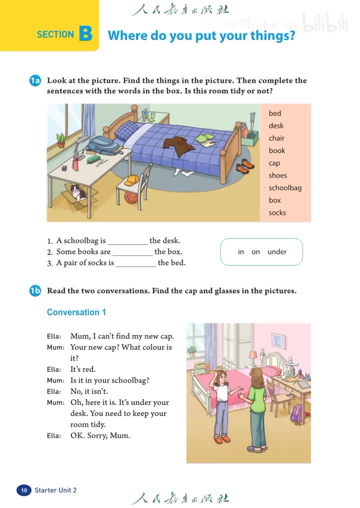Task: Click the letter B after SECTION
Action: click(85, 33)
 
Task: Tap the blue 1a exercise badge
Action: click(34, 81)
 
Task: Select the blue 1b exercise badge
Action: click(34, 291)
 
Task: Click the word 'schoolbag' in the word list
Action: click(285, 188)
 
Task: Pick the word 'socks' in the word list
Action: click(277, 212)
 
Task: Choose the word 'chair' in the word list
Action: click(276, 138)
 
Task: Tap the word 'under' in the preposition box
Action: click(277, 251)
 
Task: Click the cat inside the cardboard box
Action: click(77, 192)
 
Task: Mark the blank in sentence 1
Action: click(127, 241)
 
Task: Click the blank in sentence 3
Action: click(135, 263)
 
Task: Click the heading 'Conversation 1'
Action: click(76, 312)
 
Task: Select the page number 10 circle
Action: click(23, 490)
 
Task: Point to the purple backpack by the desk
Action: click(296, 413)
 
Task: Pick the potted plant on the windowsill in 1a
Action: click(61, 140)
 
